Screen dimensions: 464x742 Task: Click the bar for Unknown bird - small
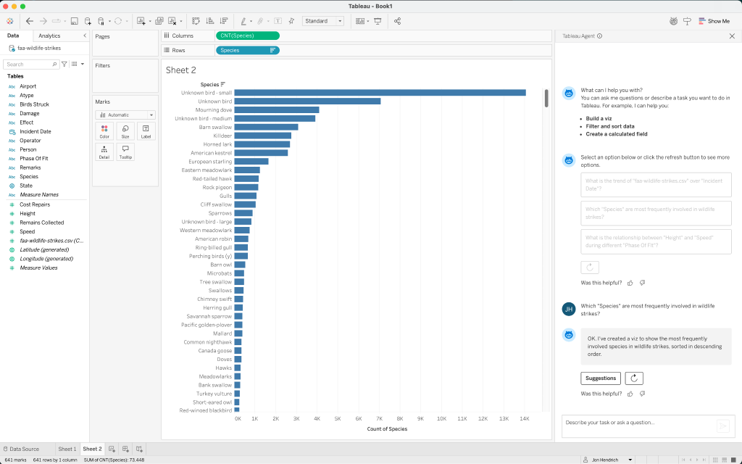(380, 93)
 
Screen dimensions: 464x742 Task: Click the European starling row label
(209, 162)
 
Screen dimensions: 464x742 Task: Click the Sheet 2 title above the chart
(181, 70)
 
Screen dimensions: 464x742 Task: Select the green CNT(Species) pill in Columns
(247, 36)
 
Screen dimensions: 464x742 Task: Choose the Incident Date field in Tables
(35, 131)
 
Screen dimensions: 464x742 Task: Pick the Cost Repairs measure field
(35, 205)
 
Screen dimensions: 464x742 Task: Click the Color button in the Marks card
(105, 131)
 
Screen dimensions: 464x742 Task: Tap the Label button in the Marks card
(146, 131)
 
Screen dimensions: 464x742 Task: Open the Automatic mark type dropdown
(125, 115)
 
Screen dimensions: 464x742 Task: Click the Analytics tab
(49, 36)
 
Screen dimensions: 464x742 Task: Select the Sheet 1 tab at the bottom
(67, 449)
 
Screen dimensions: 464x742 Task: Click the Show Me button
(714, 21)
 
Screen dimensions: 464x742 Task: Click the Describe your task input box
(638, 423)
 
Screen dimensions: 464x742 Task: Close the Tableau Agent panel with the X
(731, 36)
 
